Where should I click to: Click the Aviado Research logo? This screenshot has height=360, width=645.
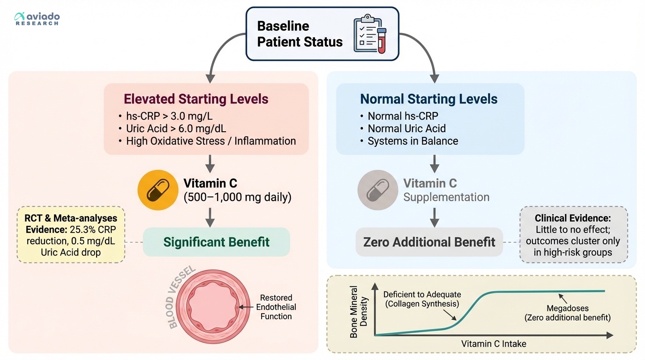(37, 19)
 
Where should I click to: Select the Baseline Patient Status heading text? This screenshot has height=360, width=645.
(300, 34)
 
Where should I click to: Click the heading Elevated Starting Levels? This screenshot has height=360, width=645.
(196, 99)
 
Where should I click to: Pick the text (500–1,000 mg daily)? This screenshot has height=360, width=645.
(237, 197)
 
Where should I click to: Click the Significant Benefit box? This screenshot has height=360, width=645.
(216, 242)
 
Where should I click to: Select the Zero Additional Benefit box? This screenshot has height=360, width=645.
(429, 242)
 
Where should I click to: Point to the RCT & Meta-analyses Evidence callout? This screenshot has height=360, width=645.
(71, 234)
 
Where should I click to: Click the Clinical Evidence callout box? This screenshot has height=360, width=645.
(573, 234)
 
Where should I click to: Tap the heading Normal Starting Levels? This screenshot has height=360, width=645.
(428, 99)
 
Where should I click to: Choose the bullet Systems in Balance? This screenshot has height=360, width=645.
(412, 141)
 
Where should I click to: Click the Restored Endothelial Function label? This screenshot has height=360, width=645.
(276, 307)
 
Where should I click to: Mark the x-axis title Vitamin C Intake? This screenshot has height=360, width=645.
(494, 344)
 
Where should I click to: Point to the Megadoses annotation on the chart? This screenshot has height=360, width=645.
(567, 313)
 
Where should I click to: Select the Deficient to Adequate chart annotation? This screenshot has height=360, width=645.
(422, 299)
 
